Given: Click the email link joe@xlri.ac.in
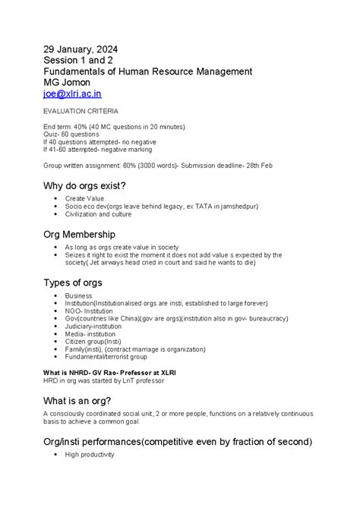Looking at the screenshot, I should pos(72,93).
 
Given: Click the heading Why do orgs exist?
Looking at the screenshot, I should pos(84,185).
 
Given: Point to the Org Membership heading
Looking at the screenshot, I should pos(80,235).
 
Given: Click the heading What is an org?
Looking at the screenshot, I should pos(77,400).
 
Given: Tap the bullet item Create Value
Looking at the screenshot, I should pos(85,198).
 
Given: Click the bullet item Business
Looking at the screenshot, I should pos(78,295).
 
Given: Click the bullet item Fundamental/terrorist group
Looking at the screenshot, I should pos(106,356).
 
